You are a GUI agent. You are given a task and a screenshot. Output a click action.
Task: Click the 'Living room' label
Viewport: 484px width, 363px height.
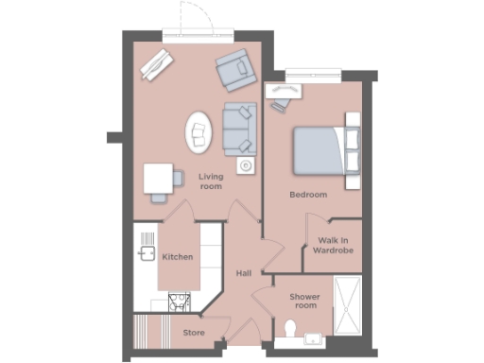(210, 181)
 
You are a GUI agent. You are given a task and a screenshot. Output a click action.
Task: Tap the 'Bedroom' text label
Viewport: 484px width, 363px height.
(308, 195)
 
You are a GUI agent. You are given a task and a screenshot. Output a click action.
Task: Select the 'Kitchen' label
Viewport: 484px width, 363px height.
(178, 257)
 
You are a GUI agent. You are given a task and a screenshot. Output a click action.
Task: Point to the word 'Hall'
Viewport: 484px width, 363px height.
(244, 273)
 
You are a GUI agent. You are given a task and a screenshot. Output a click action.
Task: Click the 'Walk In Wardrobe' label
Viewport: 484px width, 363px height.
(335, 246)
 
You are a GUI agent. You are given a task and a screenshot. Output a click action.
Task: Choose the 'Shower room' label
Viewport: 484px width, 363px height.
(304, 301)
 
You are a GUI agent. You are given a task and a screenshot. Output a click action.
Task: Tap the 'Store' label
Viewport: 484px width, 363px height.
(193, 333)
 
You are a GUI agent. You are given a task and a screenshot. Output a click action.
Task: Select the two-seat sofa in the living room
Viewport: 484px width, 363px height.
(239, 130)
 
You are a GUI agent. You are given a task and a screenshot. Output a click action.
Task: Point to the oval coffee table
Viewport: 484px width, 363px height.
(199, 133)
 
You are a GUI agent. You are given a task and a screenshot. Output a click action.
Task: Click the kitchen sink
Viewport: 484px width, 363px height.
(147, 253)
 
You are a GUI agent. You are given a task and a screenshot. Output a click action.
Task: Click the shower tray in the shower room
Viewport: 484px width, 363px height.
(346, 304)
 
